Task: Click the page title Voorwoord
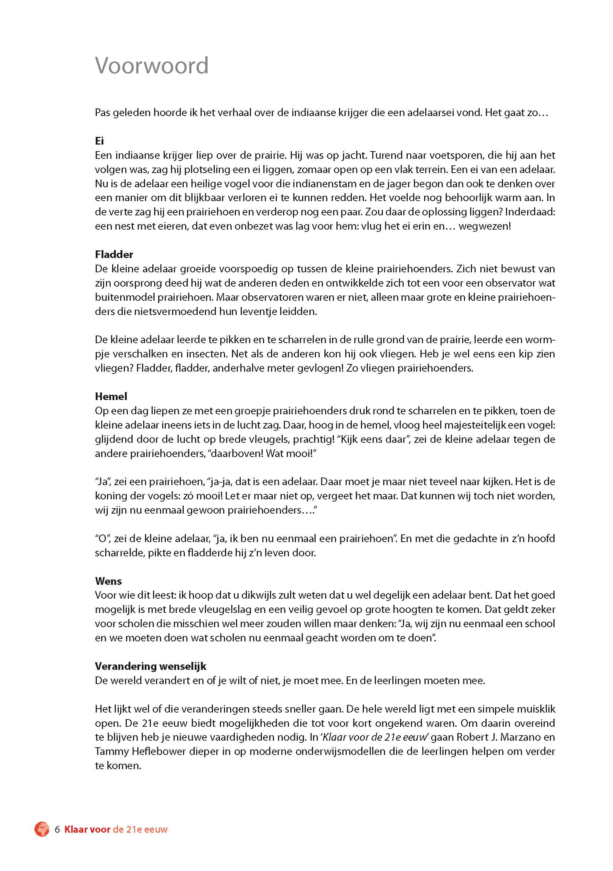point(152,65)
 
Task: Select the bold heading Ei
point(99,141)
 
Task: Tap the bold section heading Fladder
point(114,254)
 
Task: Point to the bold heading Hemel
point(111,396)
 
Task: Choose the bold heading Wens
point(108,581)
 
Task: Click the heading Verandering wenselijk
point(150,666)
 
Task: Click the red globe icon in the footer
point(42,829)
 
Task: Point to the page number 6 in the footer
point(57,830)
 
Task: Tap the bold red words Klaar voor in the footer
point(87,830)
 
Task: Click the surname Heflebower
point(155,752)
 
